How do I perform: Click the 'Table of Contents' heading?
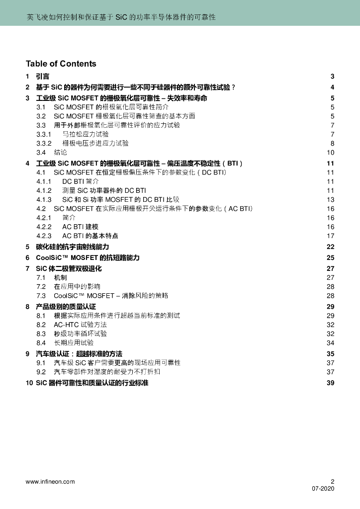pyautogui.click(x=61, y=64)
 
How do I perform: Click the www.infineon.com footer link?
pyautogui.click(x=50, y=481)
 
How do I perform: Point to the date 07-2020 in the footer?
pyautogui.click(x=323, y=489)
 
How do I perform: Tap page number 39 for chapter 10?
pyautogui.click(x=331, y=383)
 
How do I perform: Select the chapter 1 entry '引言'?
pyautogui.click(x=43, y=77)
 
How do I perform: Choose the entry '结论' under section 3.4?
pyautogui.click(x=60, y=152)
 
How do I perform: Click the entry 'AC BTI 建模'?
pyautogui.click(x=80, y=227)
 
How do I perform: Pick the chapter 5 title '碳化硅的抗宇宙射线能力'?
pyautogui.click(x=73, y=247)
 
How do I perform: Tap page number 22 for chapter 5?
pyautogui.click(x=331, y=247)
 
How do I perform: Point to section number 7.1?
pyautogui.click(x=41, y=277)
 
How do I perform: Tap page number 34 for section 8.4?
pyautogui.click(x=331, y=342)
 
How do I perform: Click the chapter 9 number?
pyautogui.click(x=28, y=353)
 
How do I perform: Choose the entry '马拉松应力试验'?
pyautogui.click(x=86, y=134)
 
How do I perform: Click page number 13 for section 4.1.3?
pyautogui.click(x=331, y=199)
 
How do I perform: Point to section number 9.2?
pyautogui.click(x=41, y=372)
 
